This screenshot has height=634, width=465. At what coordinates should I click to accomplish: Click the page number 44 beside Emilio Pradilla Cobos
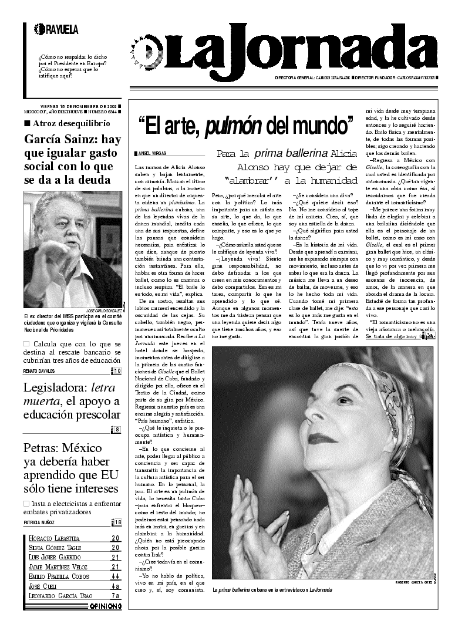116,576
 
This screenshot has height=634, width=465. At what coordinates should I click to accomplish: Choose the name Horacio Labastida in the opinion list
54,538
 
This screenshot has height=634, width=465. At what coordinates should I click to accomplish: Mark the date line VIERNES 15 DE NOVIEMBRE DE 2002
78,106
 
